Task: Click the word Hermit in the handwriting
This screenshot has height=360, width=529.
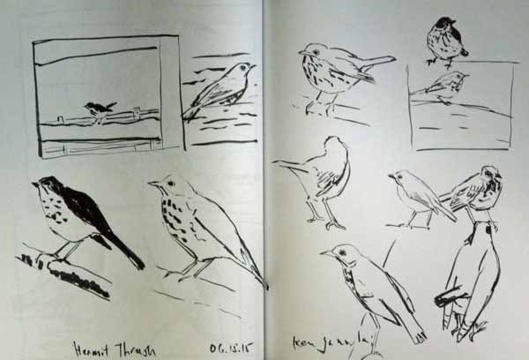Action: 90,347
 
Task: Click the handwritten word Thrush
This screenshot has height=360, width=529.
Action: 132,347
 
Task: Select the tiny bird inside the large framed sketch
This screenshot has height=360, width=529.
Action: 100,109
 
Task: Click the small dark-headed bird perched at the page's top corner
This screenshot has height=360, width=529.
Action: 443,40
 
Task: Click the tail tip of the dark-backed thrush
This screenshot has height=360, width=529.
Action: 139,265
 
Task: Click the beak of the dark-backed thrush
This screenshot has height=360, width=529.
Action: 34,185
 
